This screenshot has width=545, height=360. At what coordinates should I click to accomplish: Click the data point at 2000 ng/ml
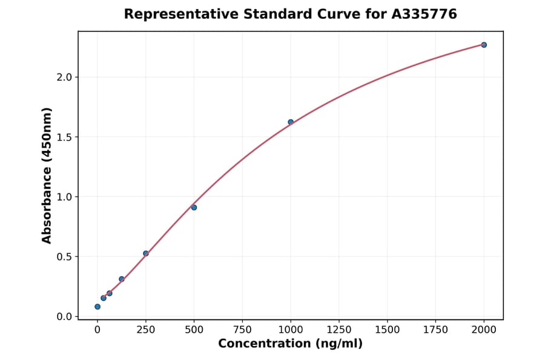point(484,45)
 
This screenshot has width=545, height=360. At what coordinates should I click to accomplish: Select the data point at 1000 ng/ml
point(291,122)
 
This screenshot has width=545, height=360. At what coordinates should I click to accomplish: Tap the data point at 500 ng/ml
point(194,207)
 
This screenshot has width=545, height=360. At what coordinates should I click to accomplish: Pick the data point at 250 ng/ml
point(146,253)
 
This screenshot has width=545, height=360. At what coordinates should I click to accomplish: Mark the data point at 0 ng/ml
point(97,307)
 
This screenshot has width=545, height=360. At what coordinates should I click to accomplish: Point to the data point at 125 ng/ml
point(122,279)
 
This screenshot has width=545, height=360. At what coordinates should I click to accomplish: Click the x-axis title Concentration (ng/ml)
point(290,344)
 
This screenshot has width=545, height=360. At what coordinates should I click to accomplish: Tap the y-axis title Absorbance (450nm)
point(47,175)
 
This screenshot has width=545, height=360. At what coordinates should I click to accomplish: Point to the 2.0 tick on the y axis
point(64,77)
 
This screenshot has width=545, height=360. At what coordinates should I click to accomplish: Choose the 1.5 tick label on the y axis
point(64,137)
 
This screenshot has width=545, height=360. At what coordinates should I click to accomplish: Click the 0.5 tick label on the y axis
point(64,256)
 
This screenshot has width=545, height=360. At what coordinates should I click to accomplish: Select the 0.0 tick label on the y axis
point(64,316)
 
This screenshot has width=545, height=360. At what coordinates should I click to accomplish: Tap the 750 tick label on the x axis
point(242,330)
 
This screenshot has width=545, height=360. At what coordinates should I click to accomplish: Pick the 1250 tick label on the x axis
point(339,330)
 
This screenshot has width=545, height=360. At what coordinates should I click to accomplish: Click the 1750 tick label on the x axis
point(435,330)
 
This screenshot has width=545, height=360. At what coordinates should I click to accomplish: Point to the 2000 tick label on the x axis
point(484,330)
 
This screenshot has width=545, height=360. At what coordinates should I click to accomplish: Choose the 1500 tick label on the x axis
point(387,330)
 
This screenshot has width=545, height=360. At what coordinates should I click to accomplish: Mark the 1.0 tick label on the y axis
point(64,197)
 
